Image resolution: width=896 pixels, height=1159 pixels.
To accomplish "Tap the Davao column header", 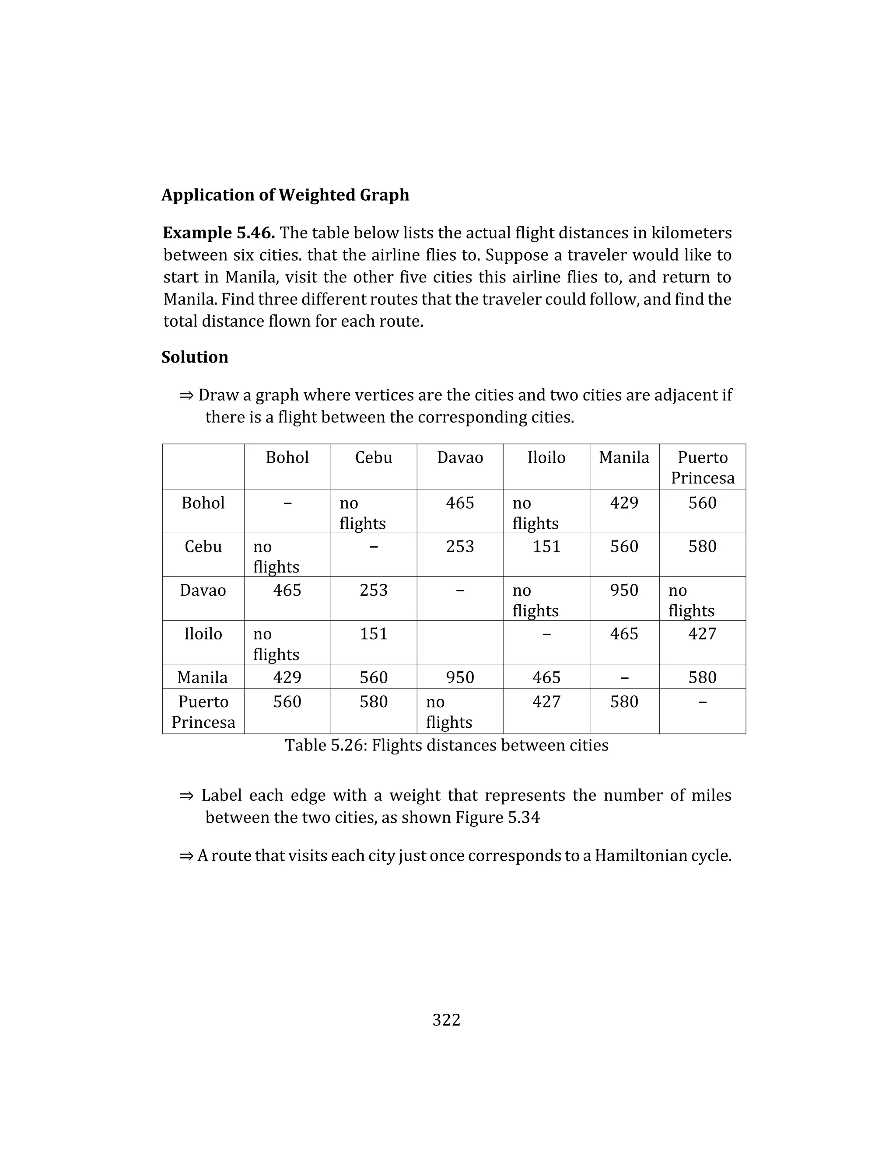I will coord(460,457).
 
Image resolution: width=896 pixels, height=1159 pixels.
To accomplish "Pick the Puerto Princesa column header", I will coord(702,467).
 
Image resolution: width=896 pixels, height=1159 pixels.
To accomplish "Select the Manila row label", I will coord(202,677).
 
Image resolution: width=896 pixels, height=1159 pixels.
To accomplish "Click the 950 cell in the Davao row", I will coord(624,590).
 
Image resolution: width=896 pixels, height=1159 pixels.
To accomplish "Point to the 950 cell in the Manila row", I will coord(460,677).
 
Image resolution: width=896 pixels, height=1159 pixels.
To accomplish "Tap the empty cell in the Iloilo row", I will coord(460,642).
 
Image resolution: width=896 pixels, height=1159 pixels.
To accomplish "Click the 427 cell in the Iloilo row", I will coord(702,634).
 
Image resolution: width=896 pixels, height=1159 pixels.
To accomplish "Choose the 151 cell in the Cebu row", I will coord(546,547).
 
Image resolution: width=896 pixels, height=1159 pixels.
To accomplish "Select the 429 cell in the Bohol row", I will coord(624,503).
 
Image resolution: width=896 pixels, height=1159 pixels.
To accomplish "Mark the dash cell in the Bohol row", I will coord(287,503).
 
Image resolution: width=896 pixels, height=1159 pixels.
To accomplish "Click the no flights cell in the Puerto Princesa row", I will coord(448,712).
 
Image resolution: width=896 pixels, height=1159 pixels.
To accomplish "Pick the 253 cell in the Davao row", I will coord(373,590).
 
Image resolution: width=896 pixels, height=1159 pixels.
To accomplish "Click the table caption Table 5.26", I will coord(446,745).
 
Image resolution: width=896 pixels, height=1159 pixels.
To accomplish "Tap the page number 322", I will coord(446,1020).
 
